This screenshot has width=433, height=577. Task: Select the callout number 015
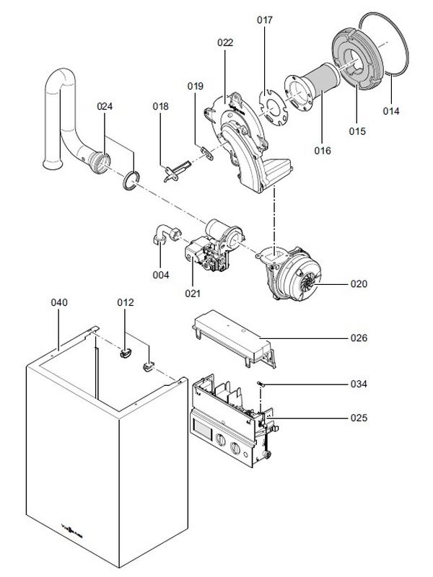[x=357, y=131]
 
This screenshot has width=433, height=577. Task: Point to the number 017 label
[x=265, y=20]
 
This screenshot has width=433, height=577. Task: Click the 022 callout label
[x=225, y=43]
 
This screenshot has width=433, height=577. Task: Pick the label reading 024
[x=105, y=107]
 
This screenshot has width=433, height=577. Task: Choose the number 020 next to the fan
[x=359, y=284]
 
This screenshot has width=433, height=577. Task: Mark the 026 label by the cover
[x=359, y=338]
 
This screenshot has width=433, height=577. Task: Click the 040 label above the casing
[x=58, y=303]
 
